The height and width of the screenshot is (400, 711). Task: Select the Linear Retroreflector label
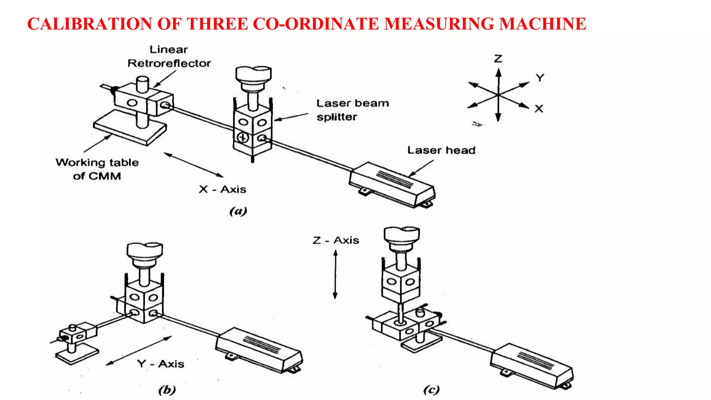coord(169,57)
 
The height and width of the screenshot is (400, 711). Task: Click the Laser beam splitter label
coord(352,110)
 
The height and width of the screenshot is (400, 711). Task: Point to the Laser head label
coord(441,150)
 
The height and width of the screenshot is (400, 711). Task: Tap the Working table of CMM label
coord(97,169)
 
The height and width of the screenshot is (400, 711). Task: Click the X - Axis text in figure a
coord(223,190)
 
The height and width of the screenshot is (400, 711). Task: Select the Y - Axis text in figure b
coord(160,364)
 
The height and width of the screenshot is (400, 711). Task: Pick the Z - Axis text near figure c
coord(336,240)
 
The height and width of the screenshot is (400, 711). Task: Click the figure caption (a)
coord(238,211)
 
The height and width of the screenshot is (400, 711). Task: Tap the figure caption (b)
coord(167,390)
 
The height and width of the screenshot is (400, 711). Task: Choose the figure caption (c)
coord(431,390)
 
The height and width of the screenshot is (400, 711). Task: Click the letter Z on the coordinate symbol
coord(498,58)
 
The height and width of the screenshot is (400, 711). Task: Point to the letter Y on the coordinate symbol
coord(539,77)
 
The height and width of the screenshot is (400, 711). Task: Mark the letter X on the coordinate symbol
coord(539,109)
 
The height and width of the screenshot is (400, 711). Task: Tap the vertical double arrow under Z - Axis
coord(335,274)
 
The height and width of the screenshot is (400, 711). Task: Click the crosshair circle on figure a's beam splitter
coord(243,137)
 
